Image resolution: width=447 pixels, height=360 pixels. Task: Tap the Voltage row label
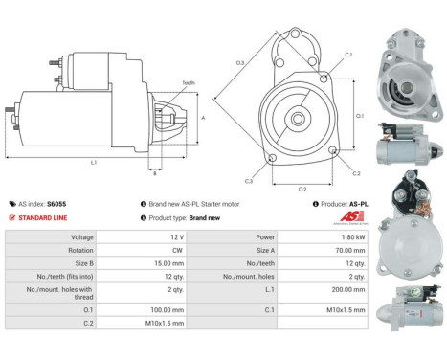(x=55, y=236)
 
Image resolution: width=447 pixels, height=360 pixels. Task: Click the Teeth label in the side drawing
(x=189, y=84)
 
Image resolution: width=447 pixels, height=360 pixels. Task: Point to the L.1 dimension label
(x=94, y=164)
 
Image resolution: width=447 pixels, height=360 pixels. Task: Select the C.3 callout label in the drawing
(x=249, y=180)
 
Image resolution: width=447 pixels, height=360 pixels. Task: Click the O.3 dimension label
(x=240, y=62)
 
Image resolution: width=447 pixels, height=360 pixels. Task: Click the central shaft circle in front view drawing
(x=299, y=119)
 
